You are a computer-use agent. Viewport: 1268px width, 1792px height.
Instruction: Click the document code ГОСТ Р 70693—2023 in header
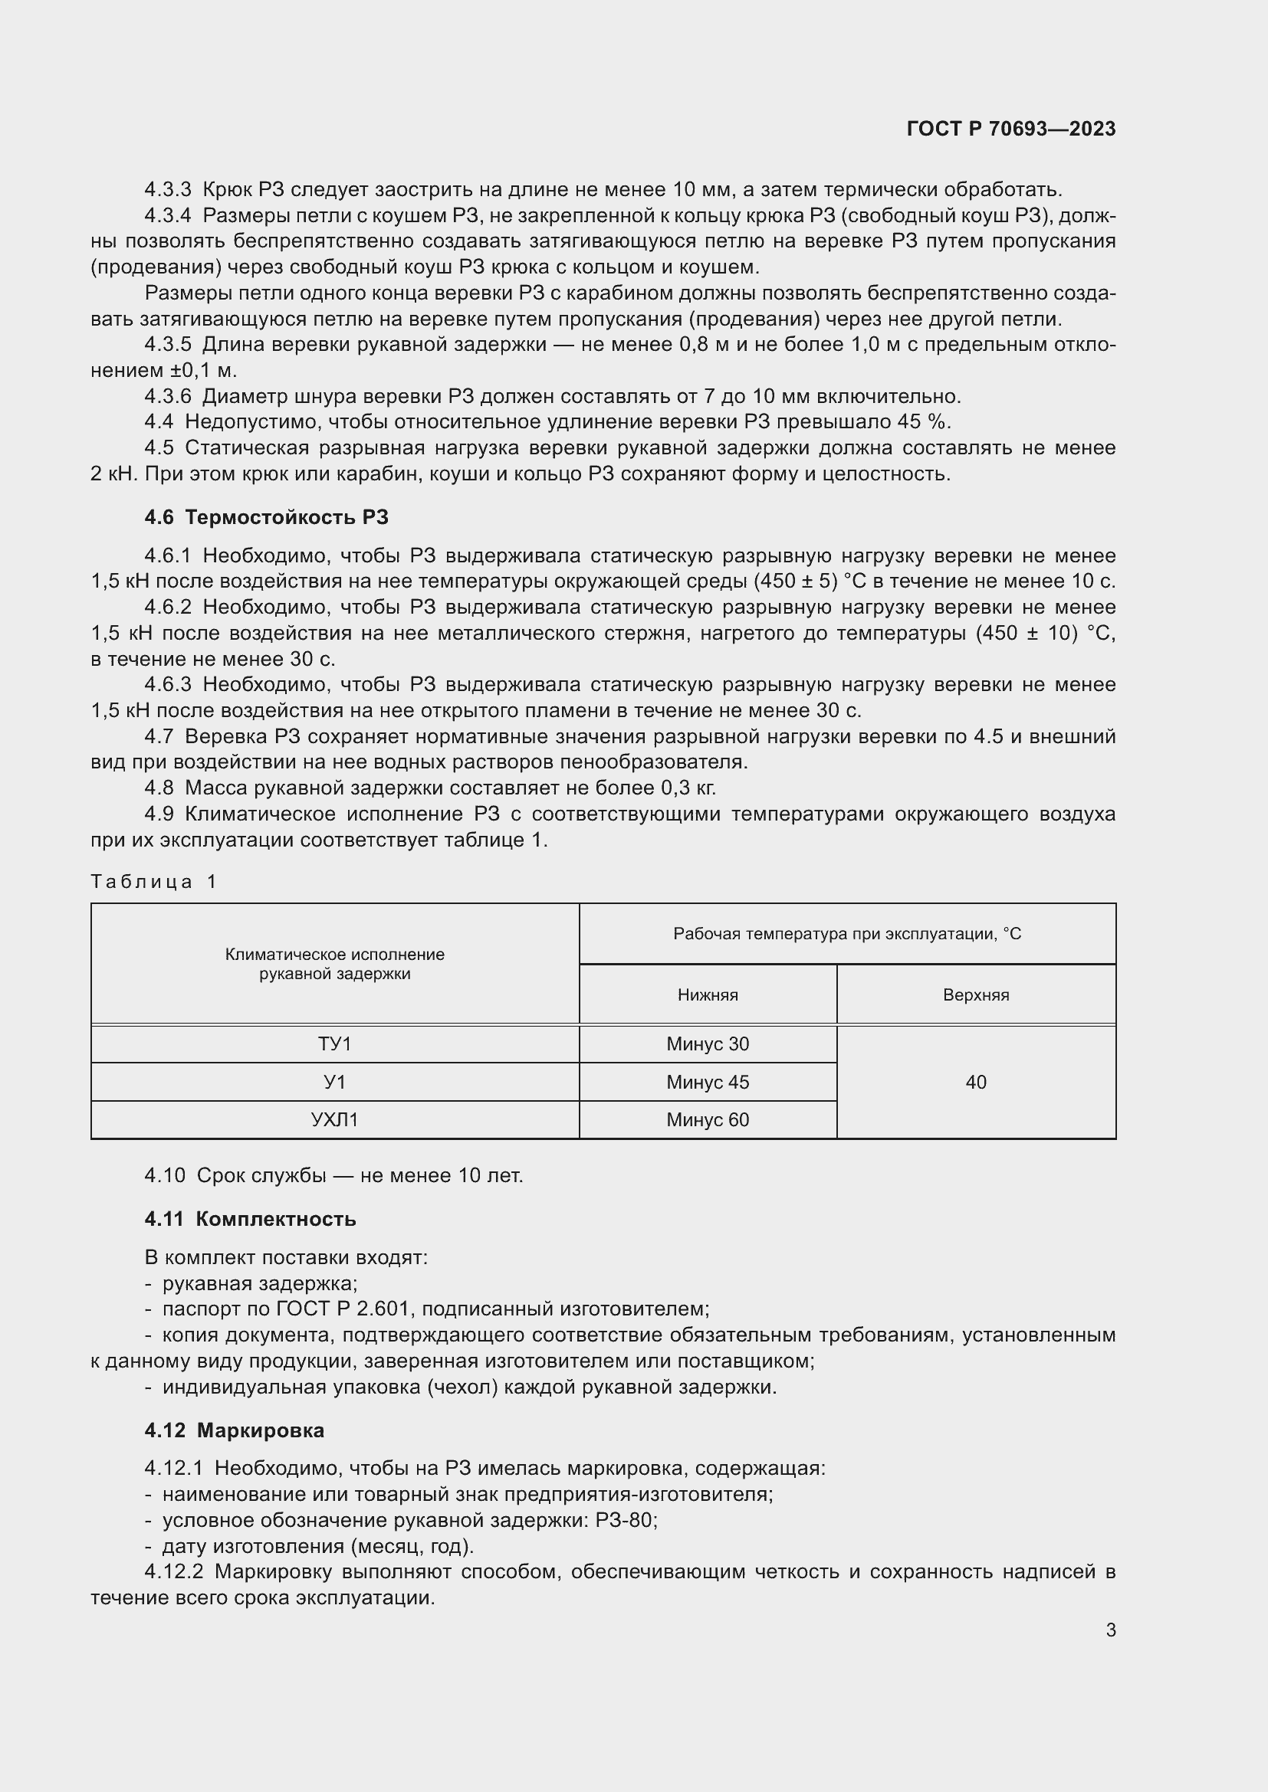1010,129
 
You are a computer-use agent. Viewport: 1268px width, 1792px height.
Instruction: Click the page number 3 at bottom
1110,1630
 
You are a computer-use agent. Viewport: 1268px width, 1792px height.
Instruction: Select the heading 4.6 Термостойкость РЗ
265,517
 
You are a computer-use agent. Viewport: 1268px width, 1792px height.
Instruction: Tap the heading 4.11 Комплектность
250,1219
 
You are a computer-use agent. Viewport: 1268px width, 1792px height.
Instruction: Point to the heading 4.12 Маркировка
235,1430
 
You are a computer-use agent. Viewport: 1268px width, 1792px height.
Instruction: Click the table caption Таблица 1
154,882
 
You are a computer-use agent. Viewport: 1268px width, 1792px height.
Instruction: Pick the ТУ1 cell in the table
334,1044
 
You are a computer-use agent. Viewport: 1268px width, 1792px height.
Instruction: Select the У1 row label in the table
334,1083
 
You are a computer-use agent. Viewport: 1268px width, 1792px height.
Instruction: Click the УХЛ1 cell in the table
334,1120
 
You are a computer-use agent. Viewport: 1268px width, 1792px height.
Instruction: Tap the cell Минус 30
708,1044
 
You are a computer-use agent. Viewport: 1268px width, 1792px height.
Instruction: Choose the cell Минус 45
708,1083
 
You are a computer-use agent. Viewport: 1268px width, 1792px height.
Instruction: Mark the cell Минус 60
708,1120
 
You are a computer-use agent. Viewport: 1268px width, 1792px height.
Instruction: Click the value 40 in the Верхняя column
975,1083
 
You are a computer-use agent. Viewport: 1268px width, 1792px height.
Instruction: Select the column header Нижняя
708,995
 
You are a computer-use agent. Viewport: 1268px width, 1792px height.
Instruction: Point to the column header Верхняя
975,995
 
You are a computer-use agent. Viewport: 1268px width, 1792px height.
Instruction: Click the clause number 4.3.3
167,190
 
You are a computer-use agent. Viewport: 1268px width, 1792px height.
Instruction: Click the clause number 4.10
164,1175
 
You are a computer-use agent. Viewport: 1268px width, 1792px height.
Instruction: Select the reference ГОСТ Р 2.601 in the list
343,1309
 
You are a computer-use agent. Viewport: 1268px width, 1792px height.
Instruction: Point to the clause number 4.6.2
167,608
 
